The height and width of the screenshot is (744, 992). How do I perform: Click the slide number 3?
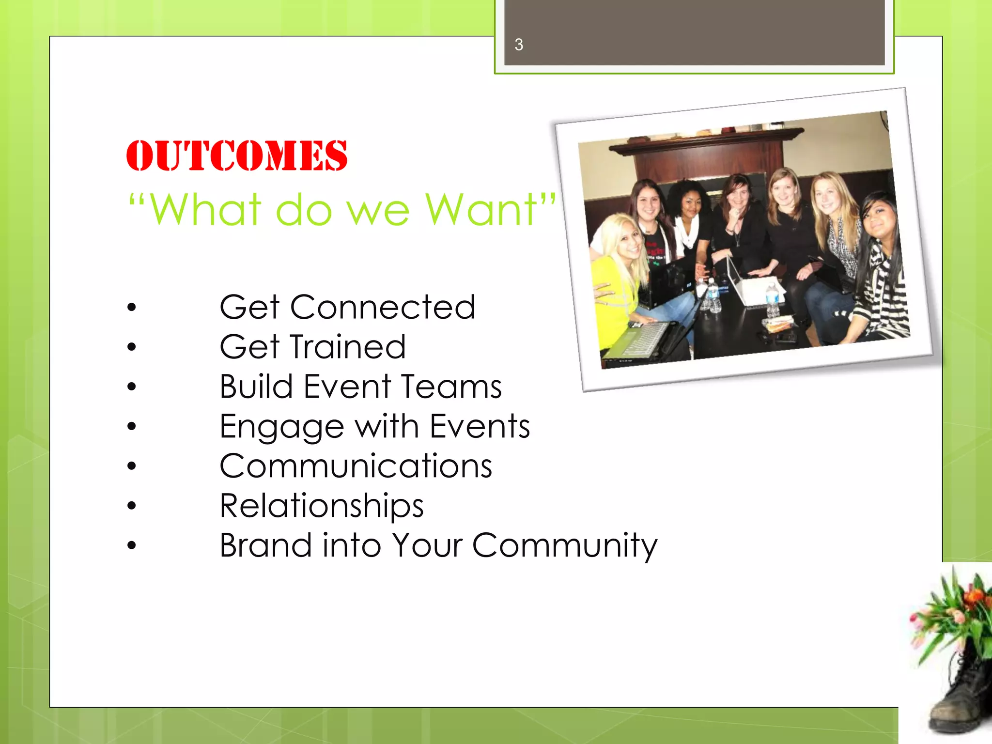(x=519, y=45)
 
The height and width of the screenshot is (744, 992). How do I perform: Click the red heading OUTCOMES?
(x=236, y=156)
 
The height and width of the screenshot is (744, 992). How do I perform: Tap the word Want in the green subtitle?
(x=482, y=210)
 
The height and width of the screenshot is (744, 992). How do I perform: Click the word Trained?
(x=348, y=347)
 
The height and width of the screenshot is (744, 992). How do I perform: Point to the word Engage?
(x=281, y=427)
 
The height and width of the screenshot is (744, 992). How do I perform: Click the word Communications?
(x=356, y=466)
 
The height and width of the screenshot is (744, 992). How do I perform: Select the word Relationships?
(x=322, y=506)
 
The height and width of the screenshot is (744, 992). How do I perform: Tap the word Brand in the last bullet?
(x=265, y=545)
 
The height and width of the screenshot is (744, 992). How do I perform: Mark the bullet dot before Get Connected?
(x=132, y=308)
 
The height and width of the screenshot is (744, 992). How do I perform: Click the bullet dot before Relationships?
(x=132, y=506)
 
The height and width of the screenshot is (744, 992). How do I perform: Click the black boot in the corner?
(x=961, y=697)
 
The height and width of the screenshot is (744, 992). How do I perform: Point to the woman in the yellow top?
(x=618, y=271)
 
